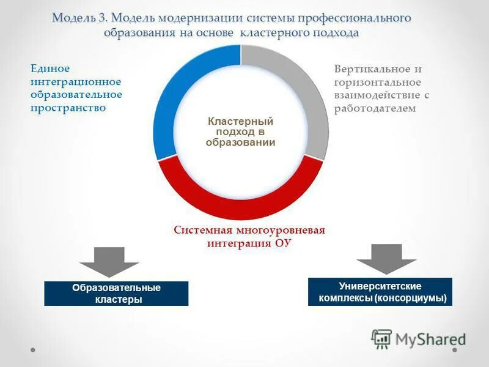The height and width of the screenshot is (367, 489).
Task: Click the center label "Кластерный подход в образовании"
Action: pyautogui.click(x=240, y=132)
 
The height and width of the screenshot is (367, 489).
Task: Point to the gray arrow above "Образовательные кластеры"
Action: pyautogui.click(x=109, y=262)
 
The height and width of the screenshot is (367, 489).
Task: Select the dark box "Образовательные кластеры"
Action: pyautogui.click(x=116, y=294)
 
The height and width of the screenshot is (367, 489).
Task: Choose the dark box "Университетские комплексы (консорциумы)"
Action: pyautogui.click(x=380, y=292)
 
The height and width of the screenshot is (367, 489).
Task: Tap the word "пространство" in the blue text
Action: pyautogui.click(x=68, y=108)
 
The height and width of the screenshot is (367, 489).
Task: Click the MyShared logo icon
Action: pyautogui.click(x=381, y=338)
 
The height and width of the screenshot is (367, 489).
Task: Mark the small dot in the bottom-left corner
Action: pyautogui.click(x=33, y=350)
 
